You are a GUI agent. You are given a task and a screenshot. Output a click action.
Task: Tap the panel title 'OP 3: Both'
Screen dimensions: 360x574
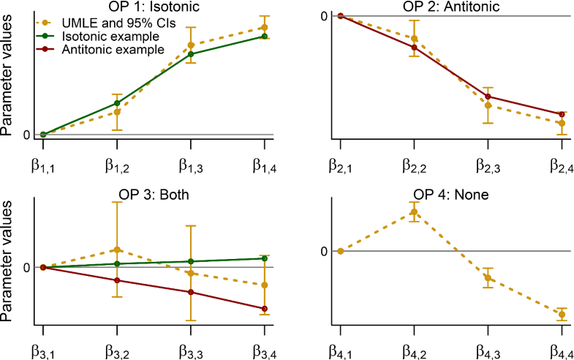tap(153, 195)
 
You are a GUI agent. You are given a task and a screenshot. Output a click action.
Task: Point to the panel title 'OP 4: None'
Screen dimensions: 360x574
tap(451, 195)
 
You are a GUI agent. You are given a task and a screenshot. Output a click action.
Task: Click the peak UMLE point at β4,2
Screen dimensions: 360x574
tap(414, 212)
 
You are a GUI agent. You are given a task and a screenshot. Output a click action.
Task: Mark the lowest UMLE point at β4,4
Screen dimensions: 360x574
tap(562, 315)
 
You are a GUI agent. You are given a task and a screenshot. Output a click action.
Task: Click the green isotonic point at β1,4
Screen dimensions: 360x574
tap(264, 37)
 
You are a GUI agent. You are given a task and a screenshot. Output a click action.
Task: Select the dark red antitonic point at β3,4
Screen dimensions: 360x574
tap(264, 309)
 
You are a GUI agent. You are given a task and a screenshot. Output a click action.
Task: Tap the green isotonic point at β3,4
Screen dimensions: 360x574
tap(264, 258)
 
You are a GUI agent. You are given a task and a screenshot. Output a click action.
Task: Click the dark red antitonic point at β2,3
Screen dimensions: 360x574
tap(488, 97)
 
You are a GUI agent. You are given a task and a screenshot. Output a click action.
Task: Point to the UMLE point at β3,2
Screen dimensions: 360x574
tap(116, 250)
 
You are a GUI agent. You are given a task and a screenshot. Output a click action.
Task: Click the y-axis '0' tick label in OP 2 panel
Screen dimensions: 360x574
tap(322, 15)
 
